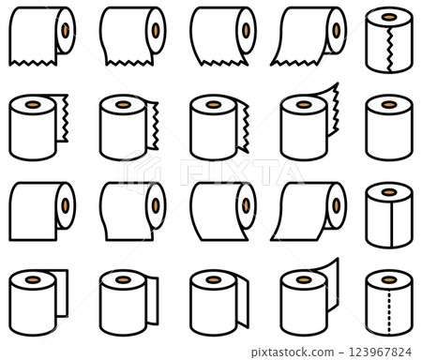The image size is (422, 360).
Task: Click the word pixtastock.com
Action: coord(293,352)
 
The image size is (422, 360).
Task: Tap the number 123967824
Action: coord(380,352)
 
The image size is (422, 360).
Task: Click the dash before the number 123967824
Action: coord(341,353)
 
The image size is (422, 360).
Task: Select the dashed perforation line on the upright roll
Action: coord(389,313)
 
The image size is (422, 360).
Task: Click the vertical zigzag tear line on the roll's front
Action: coord(389,50)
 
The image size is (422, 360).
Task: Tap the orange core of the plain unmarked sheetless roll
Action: coord(389,104)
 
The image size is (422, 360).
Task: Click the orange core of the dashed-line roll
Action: coord(389,279)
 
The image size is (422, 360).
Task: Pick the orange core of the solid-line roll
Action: coord(389,192)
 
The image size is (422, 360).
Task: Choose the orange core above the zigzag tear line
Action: coord(389,17)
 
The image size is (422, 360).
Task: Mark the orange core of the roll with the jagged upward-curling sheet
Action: coord(304,104)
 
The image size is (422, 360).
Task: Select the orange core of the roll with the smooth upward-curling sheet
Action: coord(304,279)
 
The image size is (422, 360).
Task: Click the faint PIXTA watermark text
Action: coord(242,172)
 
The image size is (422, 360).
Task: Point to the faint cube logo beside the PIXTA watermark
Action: coord(140,171)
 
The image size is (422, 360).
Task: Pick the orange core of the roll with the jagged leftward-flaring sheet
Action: coord(337,30)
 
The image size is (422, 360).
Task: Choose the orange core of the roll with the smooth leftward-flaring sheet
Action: coord(337,205)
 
